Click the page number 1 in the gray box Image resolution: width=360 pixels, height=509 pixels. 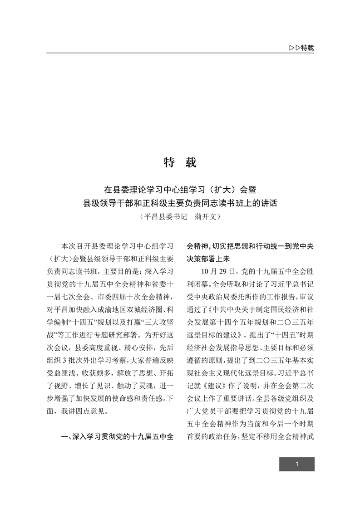[296, 464]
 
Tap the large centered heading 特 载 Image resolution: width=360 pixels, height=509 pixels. [180, 162]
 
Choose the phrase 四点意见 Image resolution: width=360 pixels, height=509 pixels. [94, 411]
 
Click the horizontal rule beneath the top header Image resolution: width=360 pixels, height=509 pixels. [180, 54]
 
